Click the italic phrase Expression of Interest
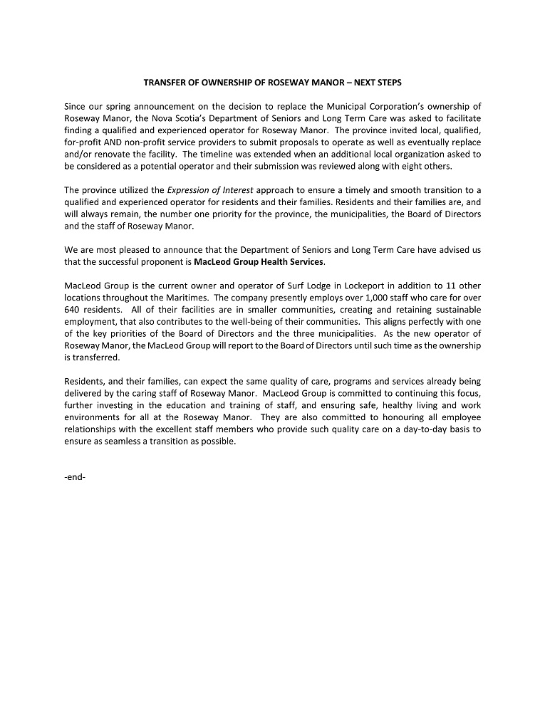[x=210, y=190]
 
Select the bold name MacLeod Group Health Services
[x=259, y=261]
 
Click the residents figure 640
[x=73, y=309]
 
